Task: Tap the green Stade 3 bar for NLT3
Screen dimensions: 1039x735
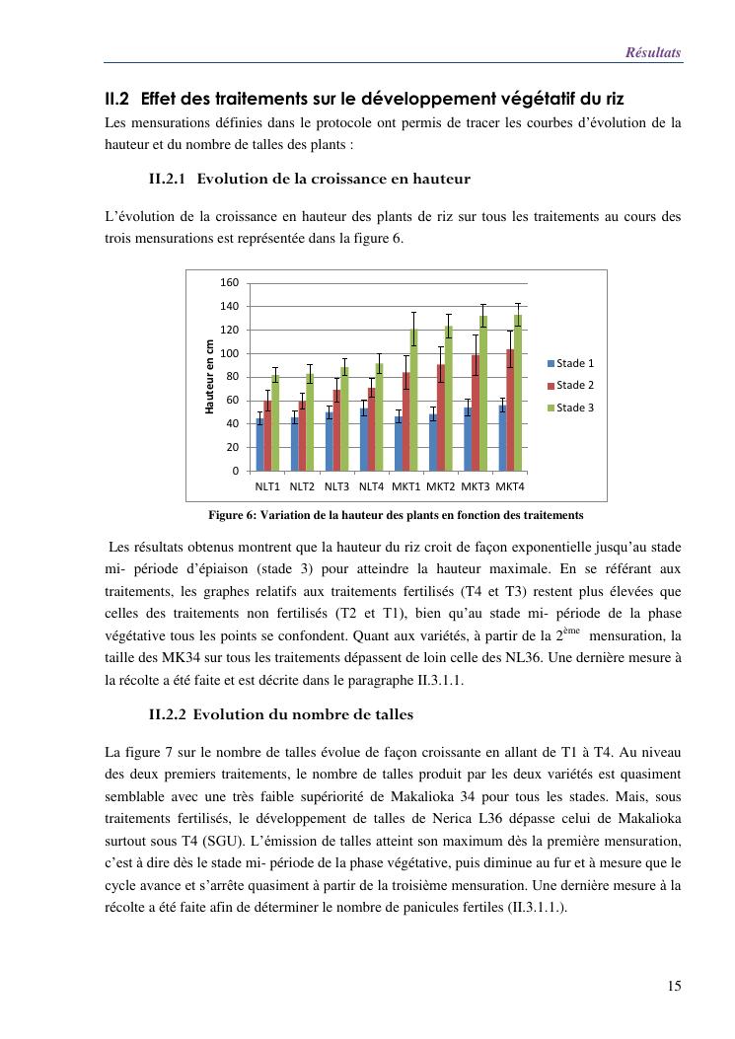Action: (x=344, y=418)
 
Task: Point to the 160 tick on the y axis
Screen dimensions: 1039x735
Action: (x=229, y=283)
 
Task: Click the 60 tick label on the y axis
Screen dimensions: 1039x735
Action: (x=232, y=401)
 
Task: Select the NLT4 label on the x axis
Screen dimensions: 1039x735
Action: (x=371, y=486)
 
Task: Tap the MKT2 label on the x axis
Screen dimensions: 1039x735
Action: (x=441, y=486)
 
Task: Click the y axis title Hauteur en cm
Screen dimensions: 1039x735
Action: (x=210, y=376)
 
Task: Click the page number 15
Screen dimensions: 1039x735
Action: (x=674, y=985)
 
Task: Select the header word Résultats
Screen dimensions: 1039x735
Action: (x=653, y=52)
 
